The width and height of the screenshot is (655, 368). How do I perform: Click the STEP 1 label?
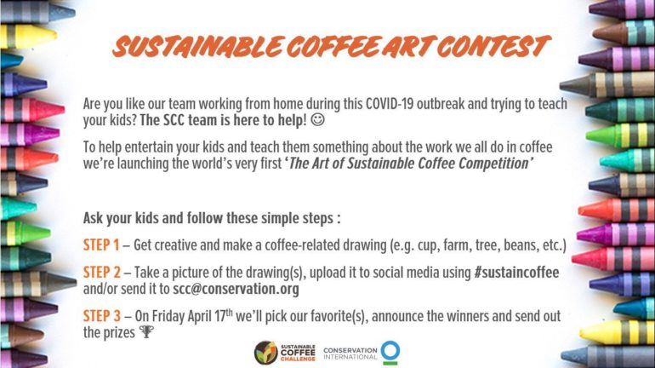point(101,245)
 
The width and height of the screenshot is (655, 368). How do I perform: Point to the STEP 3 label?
point(101,316)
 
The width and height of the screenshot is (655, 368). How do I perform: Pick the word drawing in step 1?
point(362,245)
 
